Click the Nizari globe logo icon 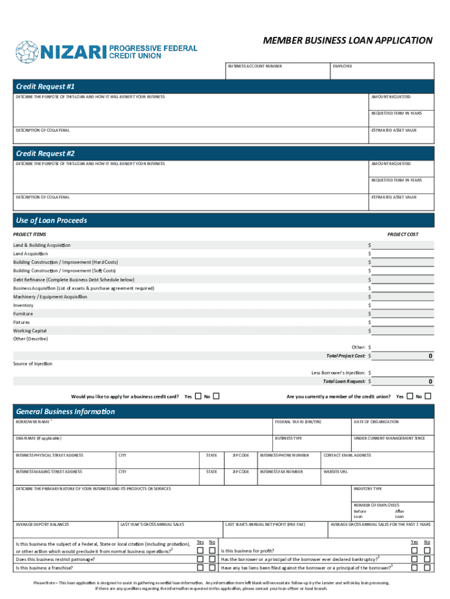click(27, 51)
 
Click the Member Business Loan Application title click(348, 40)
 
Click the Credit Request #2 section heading click(46, 153)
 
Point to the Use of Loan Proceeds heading click(51, 221)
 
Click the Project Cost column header click(403, 235)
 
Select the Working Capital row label click(30, 331)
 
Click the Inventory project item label click(23, 305)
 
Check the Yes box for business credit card click(198, 396)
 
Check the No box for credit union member click(428, 396)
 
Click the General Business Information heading click(65, 411)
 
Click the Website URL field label click(336, 471)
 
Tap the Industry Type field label click(368, 488)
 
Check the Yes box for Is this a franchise click(200, 567)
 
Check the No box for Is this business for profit click(427, 550)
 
